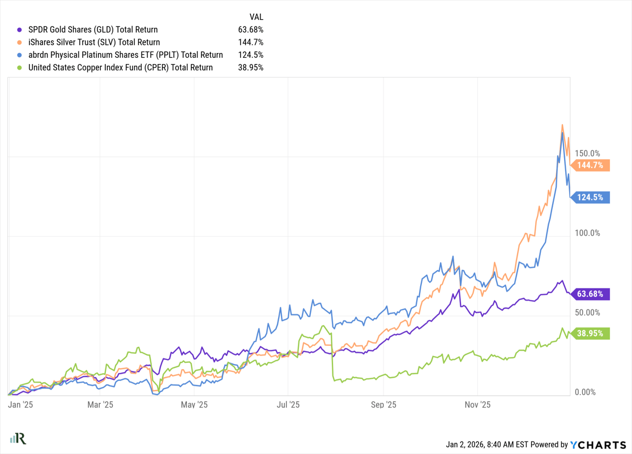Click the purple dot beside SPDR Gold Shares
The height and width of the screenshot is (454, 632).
point(20,29)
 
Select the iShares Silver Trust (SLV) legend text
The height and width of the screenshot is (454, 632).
point(94,42)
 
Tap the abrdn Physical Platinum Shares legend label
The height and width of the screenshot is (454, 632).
point(126,55)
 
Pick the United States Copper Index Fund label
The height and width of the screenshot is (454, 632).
point(121,67)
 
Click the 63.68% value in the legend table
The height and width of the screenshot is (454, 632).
point(251,29)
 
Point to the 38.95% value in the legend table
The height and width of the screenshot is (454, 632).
point(251,67)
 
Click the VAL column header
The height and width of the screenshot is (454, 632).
point(257,16)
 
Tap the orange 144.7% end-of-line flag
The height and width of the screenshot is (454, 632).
point(592,165)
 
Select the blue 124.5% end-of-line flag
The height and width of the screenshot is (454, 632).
point(592,198)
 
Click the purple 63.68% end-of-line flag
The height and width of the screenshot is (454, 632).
point(592,294)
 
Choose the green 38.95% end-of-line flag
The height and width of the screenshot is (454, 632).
point(592,333)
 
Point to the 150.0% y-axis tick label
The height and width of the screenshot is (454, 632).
point(587,153)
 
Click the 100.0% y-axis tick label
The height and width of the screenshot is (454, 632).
point(587,233)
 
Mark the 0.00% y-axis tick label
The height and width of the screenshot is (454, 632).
point(584,392)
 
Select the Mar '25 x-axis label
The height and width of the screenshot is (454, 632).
point(101,405)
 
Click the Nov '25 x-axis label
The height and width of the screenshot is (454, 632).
point(477,405)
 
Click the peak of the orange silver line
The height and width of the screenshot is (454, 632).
point(562,125)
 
